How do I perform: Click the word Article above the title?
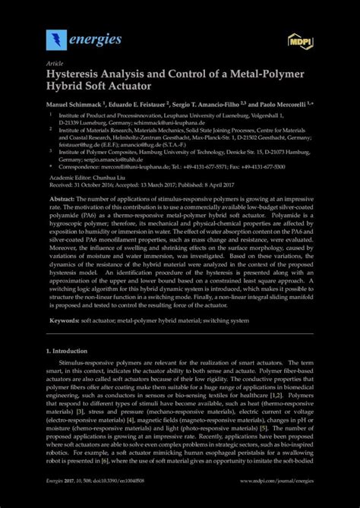pyautogui.click(x=55, y=64)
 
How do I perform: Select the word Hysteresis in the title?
pyautogui.click(x=80, y=74)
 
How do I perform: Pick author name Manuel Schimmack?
pyautogui.click(x=77, y=103)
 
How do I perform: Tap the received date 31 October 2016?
pyautogui.click(x=96, y=183)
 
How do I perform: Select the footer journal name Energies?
pyautogui.click(x=58, y=502)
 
